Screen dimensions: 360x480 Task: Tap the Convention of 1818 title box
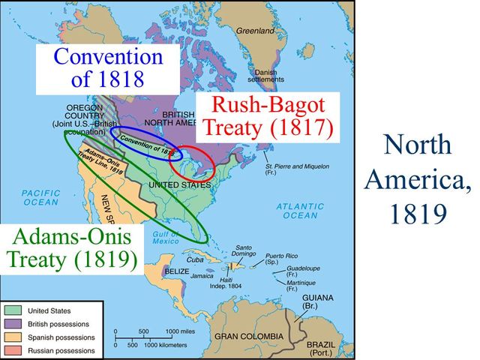pos(109,67)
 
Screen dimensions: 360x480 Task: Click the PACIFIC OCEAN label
pos(40,197)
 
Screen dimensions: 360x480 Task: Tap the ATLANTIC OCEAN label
pos(300,210)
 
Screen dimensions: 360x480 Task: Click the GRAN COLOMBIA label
pos(248,336)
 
